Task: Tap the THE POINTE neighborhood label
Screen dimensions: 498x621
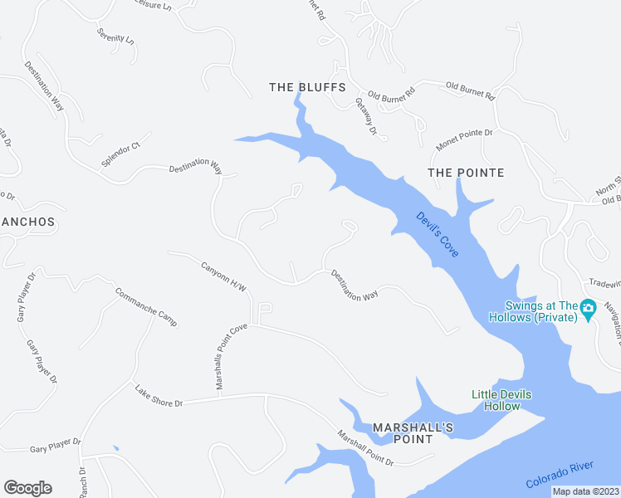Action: pyautogui.click(x=466, y=173)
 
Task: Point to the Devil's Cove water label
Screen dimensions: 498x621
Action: pyautogui.click(x=438, y=233)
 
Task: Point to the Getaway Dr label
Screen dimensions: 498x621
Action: pyautogui.click(x=366, y=116)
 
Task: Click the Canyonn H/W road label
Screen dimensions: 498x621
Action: pyautogui.click(x=224, y=276)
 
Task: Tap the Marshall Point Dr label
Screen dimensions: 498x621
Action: pyautogui.click(x=365, y=447)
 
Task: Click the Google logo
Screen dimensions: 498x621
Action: pyautogui.click(x=27, y=488)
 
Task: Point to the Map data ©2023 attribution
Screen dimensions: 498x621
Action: pyautogui.click(x=585, y=491)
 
